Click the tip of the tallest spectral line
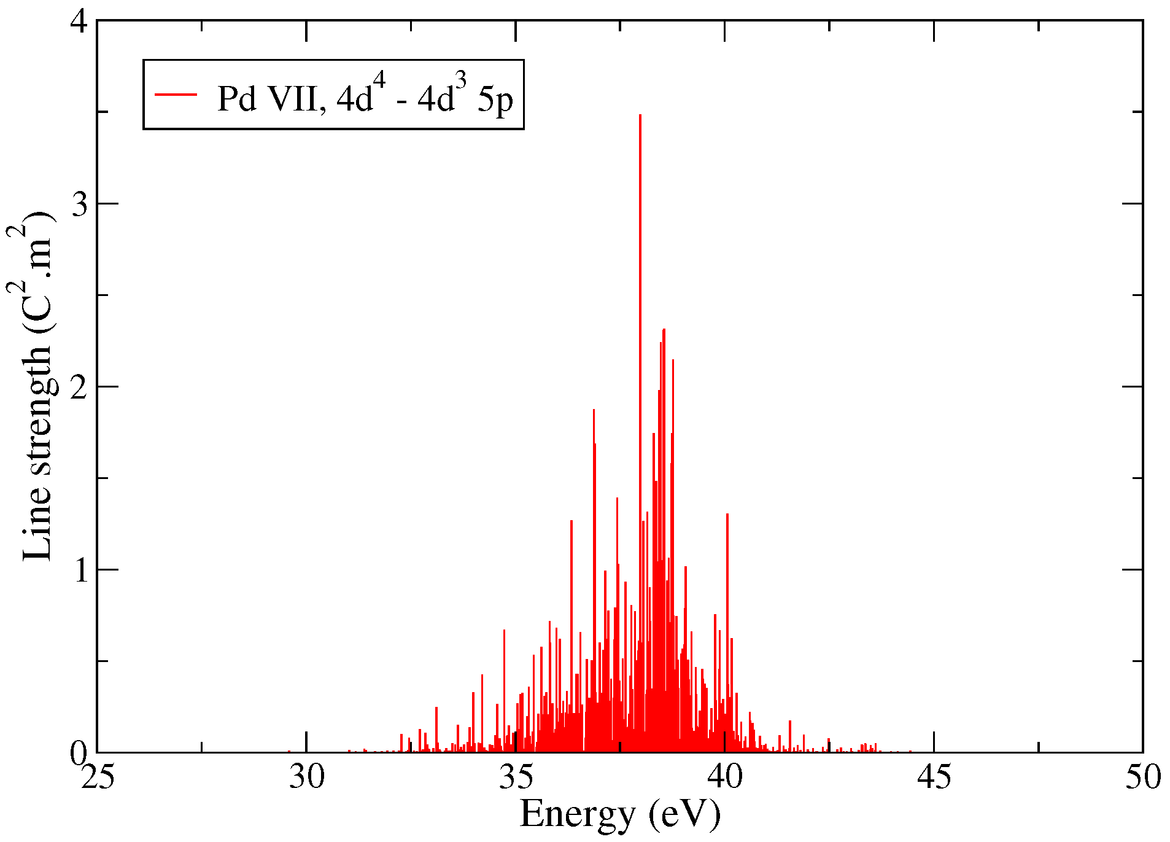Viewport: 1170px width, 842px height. pyautogui.click(x=640, y=115)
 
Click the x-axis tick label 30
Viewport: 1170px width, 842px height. pyautogui.click(x=306, y=778)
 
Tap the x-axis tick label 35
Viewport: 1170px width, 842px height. pyautogui.click(x=516, y=778)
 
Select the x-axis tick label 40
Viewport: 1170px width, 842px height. pyautogui.click(x=725, y=778)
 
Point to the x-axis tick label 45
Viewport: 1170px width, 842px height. pyautogui.click(x=934, y=778)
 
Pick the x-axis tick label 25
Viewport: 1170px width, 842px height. pyautogui.click(x=98, y=778)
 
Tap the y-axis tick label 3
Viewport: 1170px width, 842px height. pyautogui.click(x=80, y=204)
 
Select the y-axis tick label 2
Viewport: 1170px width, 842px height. pyautogui.click(x=80, y=387)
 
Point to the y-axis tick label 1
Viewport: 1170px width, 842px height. pyautogui.click(x=80, y=570)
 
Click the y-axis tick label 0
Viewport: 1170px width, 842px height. pyautogui.click(x=80, y=753)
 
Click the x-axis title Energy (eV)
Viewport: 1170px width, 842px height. pyautogui.click(x=620, y=814)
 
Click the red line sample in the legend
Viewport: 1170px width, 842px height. pyautogui.click(x=176, y=95)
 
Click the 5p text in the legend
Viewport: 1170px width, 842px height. pyautogui.click(x=495, y=98)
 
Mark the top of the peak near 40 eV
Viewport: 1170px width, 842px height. pyautogui.click(x=727, y=515)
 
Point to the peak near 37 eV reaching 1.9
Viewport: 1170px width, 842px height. pyautogui.click(x=594, y=410)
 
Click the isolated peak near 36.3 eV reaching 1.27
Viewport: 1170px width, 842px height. pyautogui.click(x=571, y=521)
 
